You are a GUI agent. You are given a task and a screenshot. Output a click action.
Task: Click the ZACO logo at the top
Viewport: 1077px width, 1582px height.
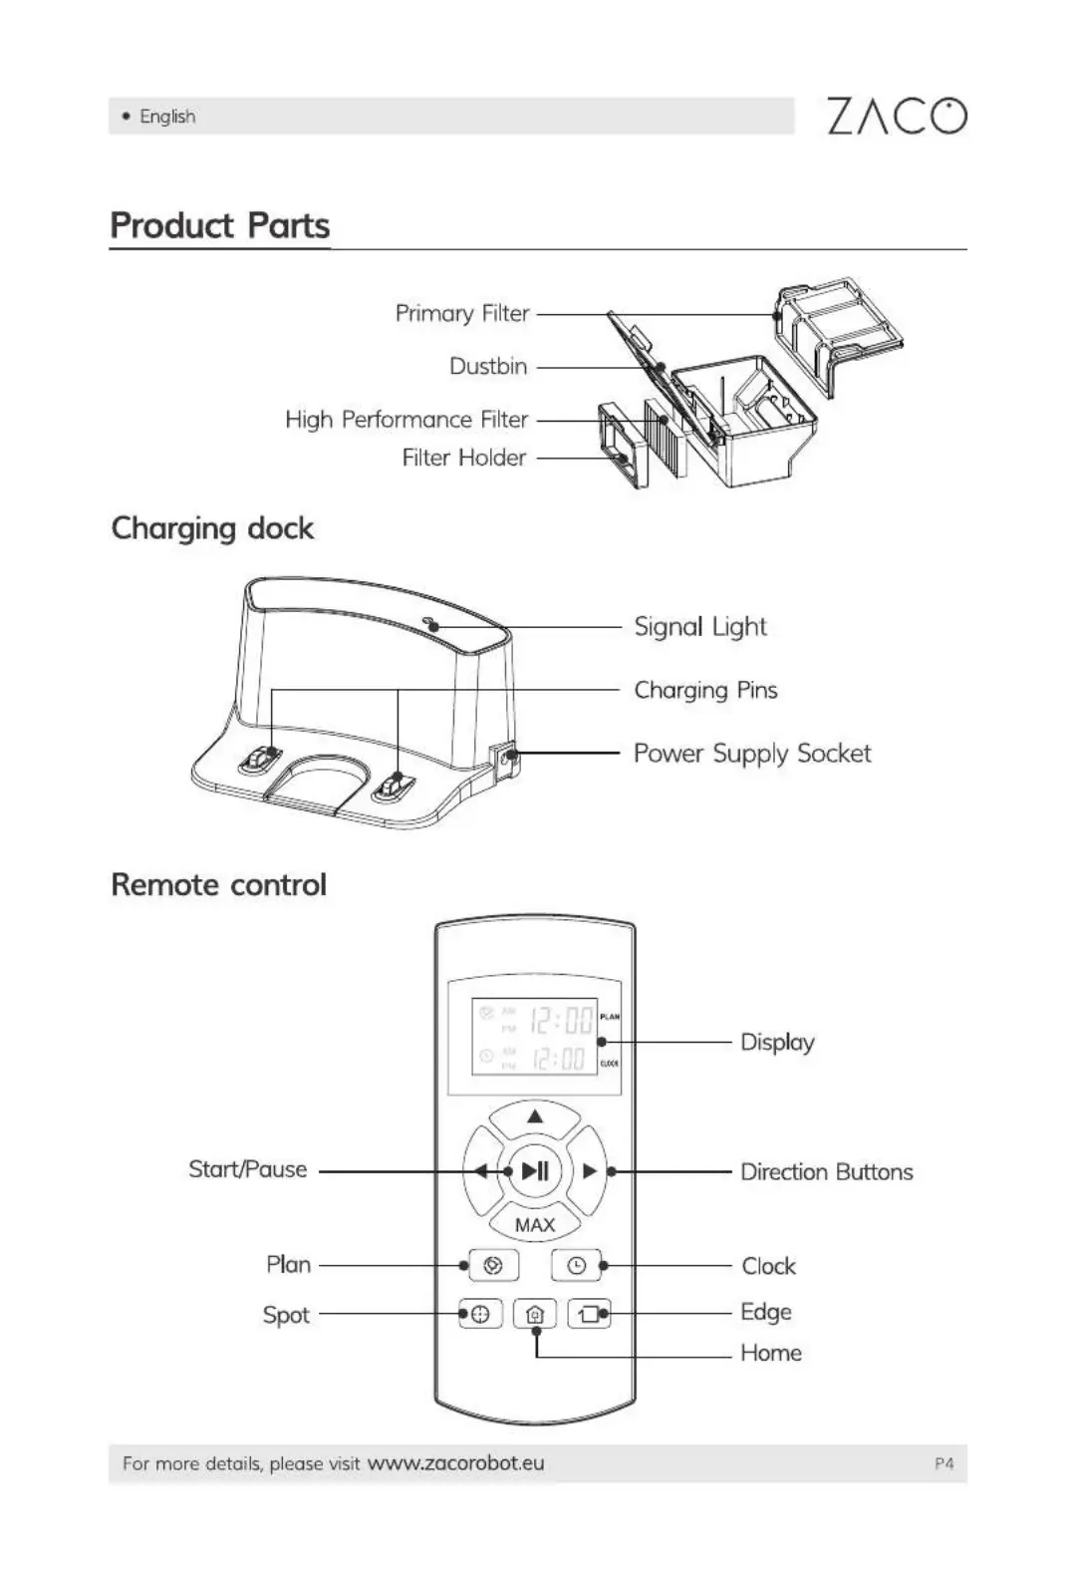coord(896,116)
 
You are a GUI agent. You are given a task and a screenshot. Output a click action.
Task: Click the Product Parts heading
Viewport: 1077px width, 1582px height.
coord(219,225)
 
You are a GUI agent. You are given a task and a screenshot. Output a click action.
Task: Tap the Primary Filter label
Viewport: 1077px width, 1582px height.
coord(462,313)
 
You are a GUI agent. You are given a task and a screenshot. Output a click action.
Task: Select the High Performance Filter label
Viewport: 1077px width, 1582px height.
coord(406,420)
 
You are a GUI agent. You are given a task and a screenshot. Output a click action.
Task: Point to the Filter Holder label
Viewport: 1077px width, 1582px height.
coord(464,458)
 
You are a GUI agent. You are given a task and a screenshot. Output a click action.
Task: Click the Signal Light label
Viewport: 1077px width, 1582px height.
coord(700,627)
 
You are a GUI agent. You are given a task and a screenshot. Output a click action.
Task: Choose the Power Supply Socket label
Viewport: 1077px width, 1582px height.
coord(752,754)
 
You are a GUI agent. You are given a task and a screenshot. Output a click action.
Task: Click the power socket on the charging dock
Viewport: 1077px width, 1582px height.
coord(509,758)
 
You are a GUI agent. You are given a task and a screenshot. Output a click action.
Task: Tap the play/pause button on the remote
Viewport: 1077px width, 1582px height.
coord(535,1171)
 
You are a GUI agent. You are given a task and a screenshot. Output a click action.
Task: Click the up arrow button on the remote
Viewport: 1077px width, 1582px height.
coord(535,1117)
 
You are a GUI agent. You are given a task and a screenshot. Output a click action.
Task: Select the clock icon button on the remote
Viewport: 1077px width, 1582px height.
coord(577,1266)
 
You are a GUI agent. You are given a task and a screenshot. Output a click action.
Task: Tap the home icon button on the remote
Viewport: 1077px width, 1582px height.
coord(535,1315)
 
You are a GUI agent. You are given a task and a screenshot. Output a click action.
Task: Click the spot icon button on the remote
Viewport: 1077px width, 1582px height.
coord(480,1315)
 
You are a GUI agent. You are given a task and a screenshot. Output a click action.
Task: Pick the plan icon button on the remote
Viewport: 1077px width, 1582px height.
coord(492,1266)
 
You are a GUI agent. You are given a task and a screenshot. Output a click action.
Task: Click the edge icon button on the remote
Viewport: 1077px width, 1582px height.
coord(589,1315)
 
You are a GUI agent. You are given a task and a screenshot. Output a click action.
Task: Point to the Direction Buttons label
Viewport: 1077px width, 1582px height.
coord(826,1172)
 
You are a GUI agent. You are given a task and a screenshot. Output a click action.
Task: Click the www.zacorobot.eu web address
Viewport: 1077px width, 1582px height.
coord(455,1463)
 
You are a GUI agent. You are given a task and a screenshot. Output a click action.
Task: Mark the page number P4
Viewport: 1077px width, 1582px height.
coord(943,1463)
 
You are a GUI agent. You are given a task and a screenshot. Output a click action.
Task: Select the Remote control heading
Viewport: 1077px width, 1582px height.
coord(219,885)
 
